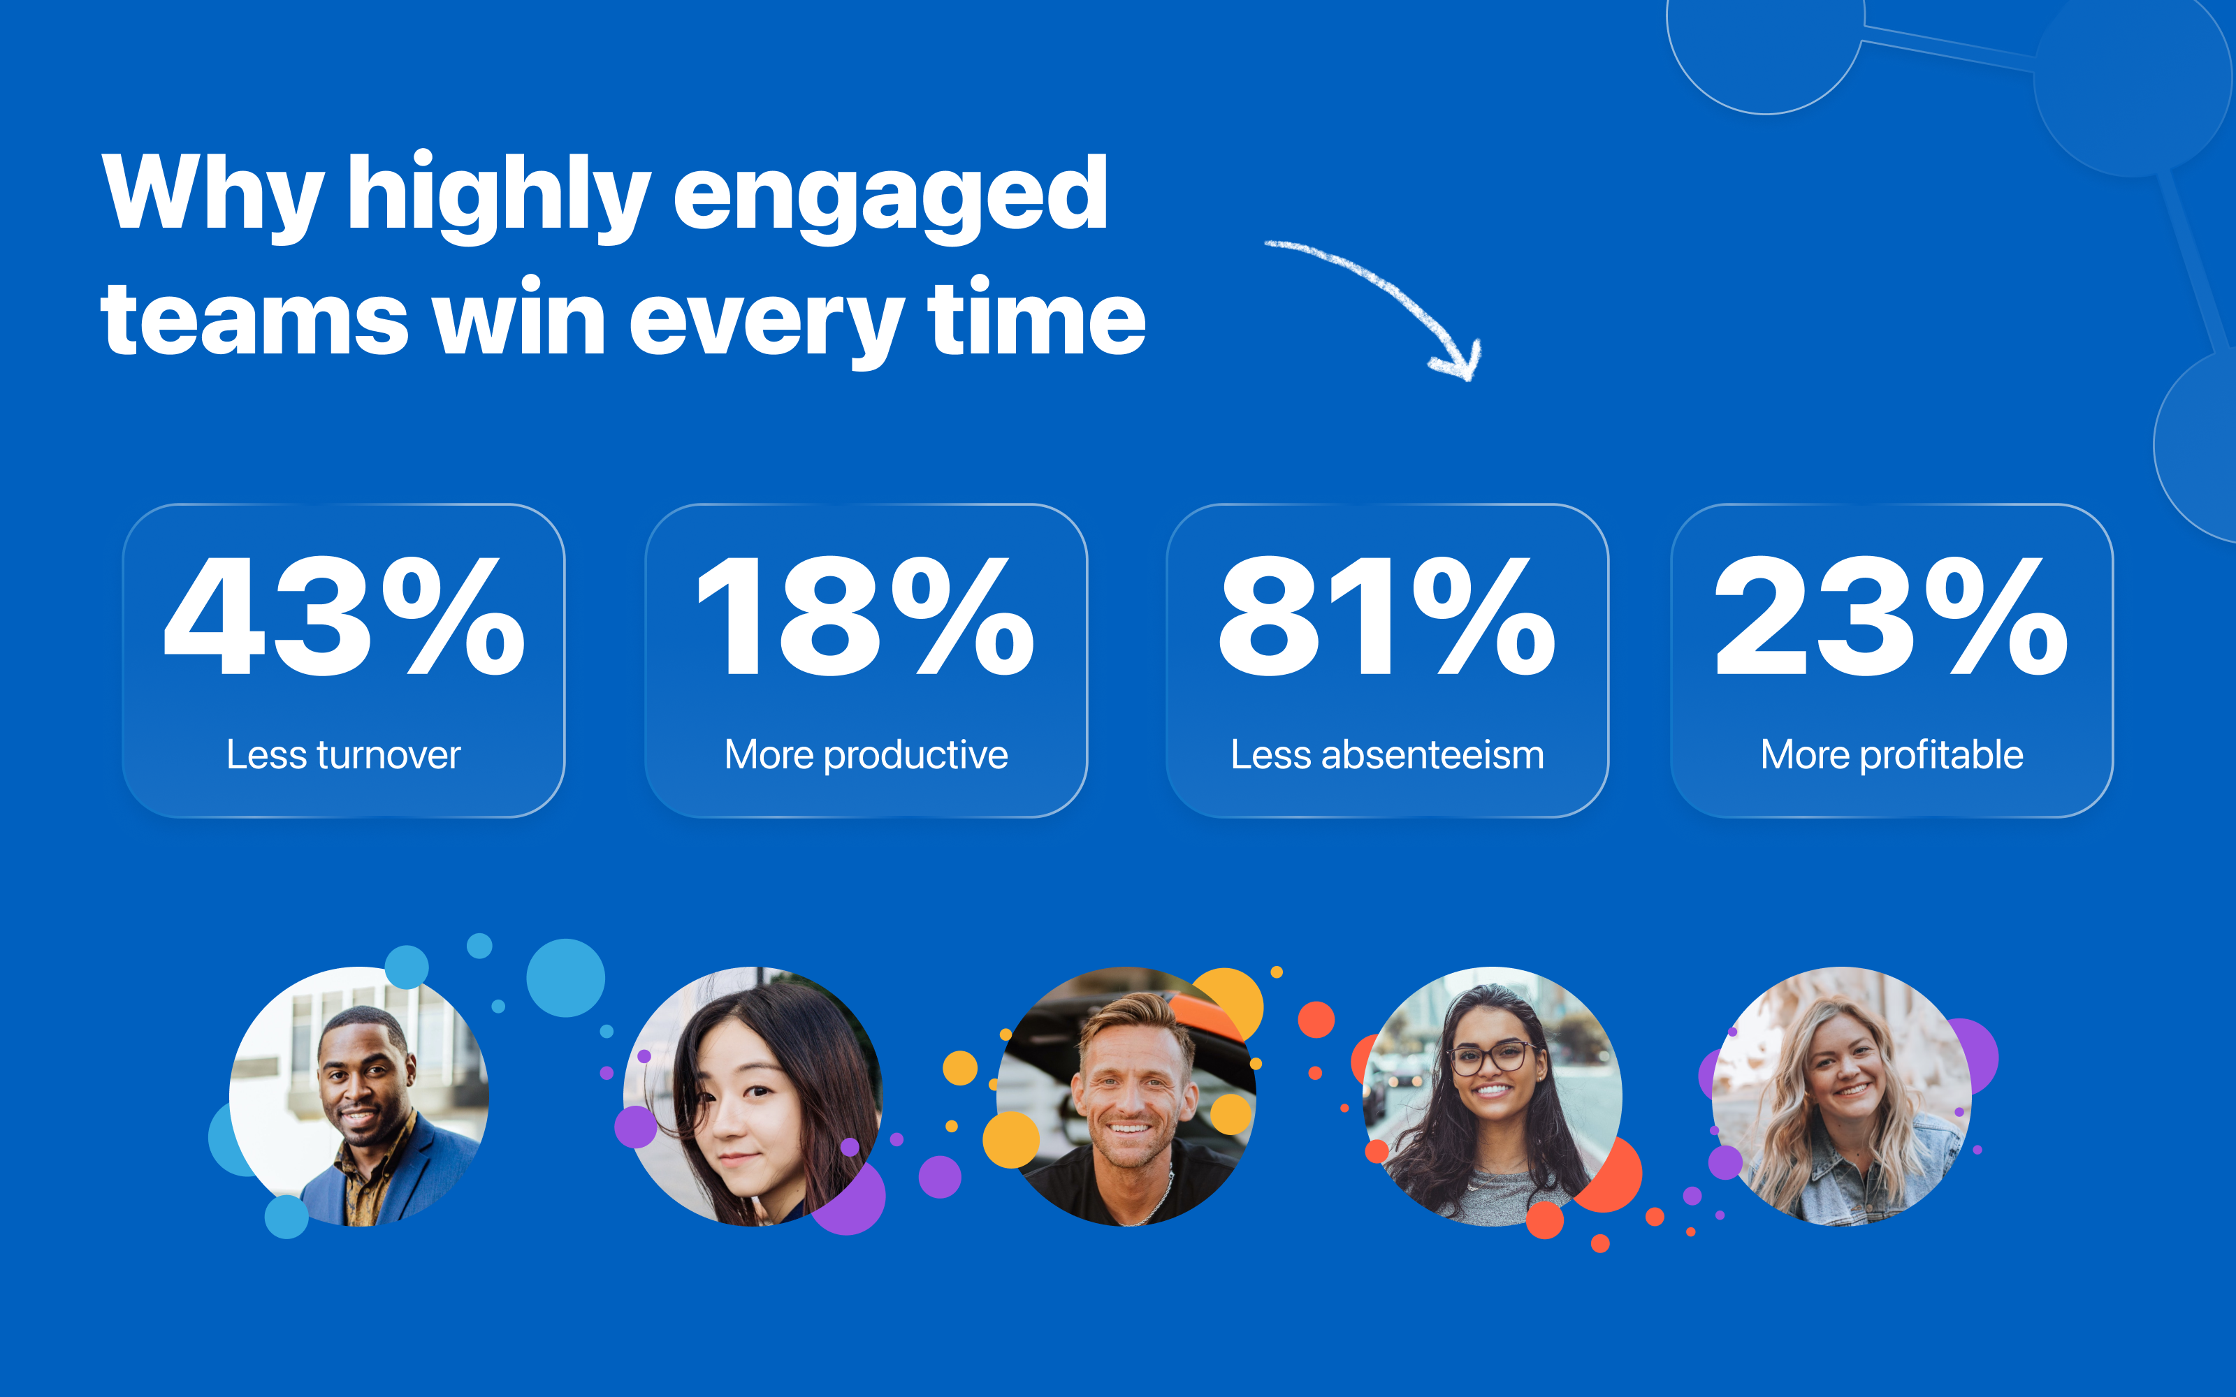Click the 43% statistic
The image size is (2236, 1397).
(x=344, y=616)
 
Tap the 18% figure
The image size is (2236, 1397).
(x=866, y=616)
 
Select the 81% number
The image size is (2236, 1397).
(x=1387, y=616)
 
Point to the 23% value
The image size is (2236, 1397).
(x=1892, y=616)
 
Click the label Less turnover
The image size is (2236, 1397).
(x=344, y=755)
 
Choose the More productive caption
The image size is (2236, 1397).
(x=866, y=756)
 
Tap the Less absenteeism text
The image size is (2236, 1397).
(x=1387, y=755)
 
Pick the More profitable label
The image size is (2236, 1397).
(x=1892, y=756)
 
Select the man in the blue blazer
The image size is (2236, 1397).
(x=359, y=1097)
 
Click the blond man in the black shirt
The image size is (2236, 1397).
(x=1126, y=1097)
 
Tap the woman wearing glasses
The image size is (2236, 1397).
(x=1493, y=1097)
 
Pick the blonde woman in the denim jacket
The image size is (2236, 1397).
(x=1841, y=1097)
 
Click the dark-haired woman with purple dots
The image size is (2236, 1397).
(x=753, y=1097)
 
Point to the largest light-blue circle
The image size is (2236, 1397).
(x=565, y=977)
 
